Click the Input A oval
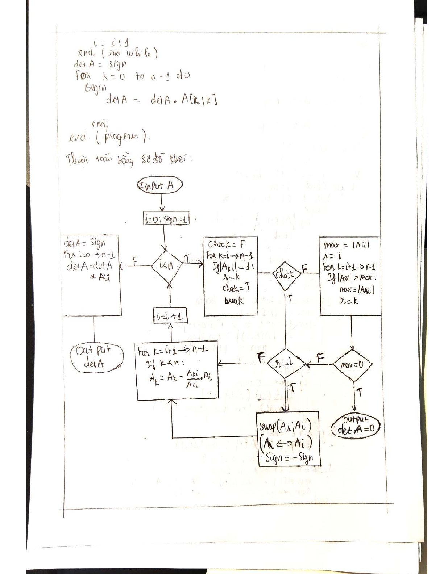pyautogui.click(x=160, y=187)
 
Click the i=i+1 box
pyautogui.click(x=170, y=316)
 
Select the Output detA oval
pyautogui.click(x=97, y=358)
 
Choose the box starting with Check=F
pyautogui.click(x=231, y=277)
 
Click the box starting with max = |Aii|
pyautogui.click(x=350, y=276)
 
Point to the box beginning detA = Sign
pyautogui.click(x=92, y=275)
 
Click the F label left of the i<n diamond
pyautogui.click(x=135, y=260)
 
